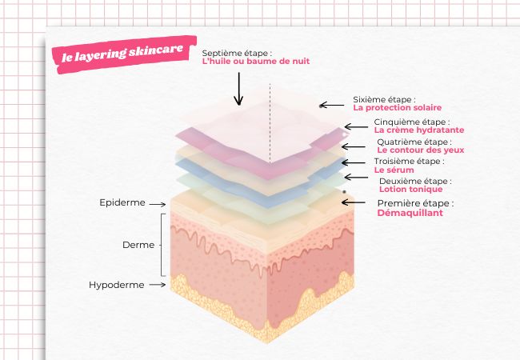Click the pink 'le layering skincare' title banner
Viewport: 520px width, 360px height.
pyautogui.click(x=121, y=52)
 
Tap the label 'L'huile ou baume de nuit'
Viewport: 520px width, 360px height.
pyautogui.click(x=255, y=61)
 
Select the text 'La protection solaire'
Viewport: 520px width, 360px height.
pyautogui.click(x=397, y=107)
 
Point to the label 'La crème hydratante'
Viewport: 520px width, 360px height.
pyautogui.click(x=418, y=130)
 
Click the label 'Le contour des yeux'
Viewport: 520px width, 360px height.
pyautogui.click(x=420, y=150)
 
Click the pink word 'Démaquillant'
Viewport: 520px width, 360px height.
pyautogui.click(x=410, y=214)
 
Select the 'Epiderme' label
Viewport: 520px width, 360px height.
pyautogui.click(x=122, y=203)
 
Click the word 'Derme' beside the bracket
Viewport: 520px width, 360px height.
pyautogui.click(x=138, y=244)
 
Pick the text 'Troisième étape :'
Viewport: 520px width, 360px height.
pyautogui.click(x=409, y=161)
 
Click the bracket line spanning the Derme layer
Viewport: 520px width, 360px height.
pyautogui.click(x=163, y=244)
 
